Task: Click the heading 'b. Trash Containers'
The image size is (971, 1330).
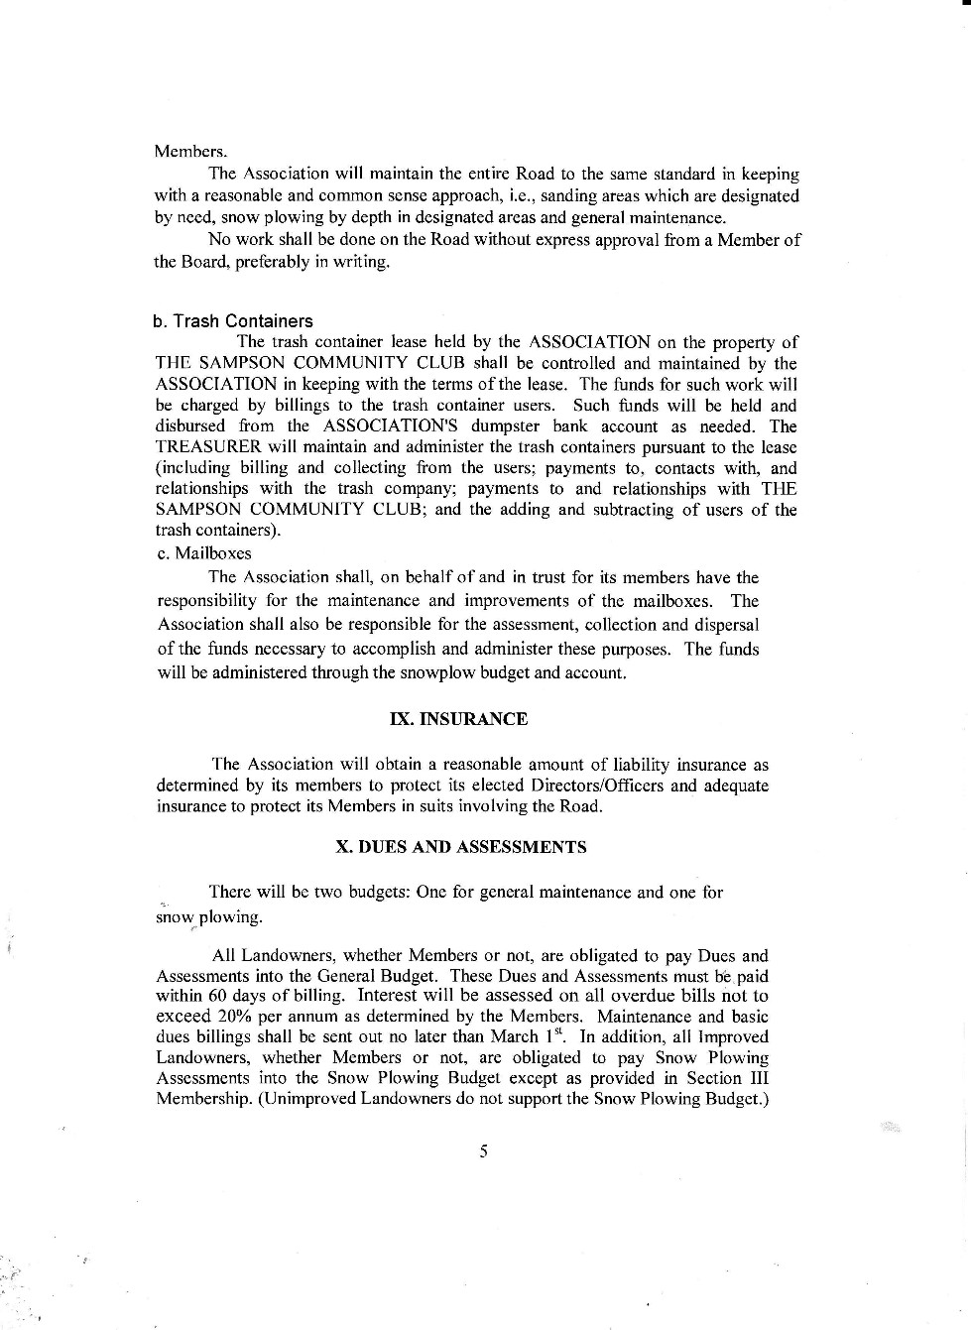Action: (x=233, y=321)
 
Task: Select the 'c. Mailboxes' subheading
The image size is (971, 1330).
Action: (x=204, y=553)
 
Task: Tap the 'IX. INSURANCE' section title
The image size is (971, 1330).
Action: (x=459, y=719)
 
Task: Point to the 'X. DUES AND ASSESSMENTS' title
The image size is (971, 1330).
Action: (x=461, y=847)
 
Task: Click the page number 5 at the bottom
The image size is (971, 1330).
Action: (x=484, y=1151)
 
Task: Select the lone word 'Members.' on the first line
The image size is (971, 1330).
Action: (x=190, y=152)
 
